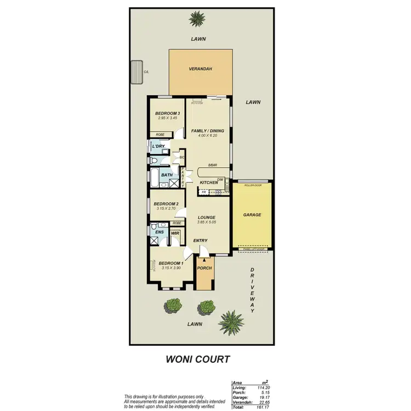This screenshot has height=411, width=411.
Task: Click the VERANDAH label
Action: click(x=200, y=69)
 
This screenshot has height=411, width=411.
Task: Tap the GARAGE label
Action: click(x=252, y=215)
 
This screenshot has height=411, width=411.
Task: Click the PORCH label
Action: click(x=204, y=268)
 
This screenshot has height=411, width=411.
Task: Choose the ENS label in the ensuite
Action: click(x=159, y=232)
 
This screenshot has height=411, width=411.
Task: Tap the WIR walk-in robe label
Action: click(x=175, y=233)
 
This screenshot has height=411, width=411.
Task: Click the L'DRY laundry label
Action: click(x=158, y=147)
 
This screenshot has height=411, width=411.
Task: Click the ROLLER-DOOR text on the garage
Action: click(x=253, y=186)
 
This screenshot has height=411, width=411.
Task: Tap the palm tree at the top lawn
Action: click(x=196, y=20)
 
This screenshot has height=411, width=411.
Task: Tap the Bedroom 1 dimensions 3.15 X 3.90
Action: click(x=171, y=268)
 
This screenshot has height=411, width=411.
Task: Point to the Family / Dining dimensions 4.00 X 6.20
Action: click(x=207, y=135)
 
